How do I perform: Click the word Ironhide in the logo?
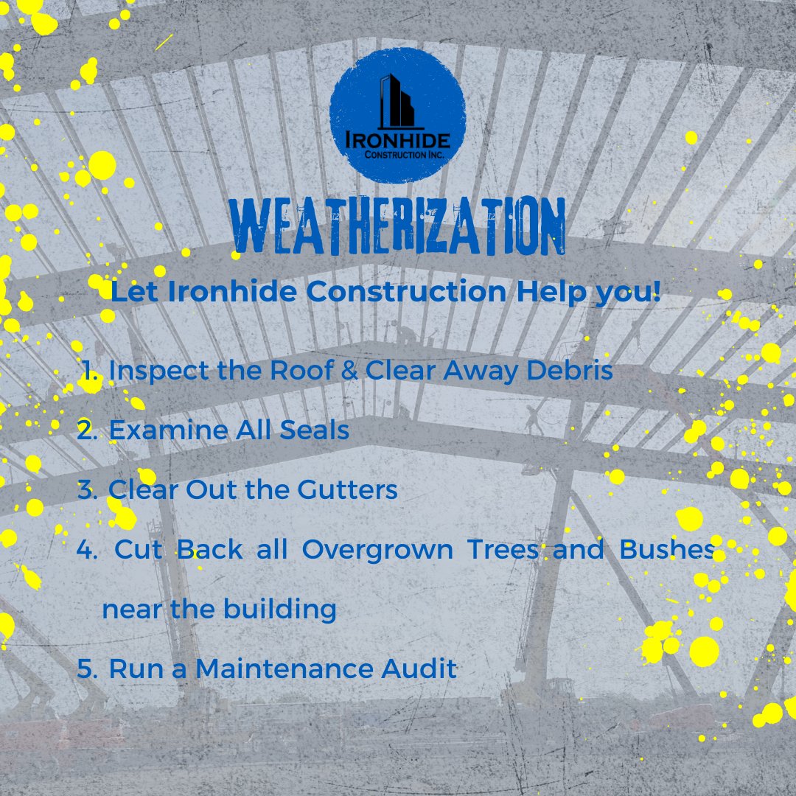pyautogui.click(x=397, y=139)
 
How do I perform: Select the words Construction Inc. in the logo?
pyautogui.click(x=402, y=156)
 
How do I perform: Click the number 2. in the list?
pyautogui.click(x=87, y=430)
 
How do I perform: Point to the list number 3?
pyautogui.click(x=87, y=490)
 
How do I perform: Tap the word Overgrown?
pyautogui.click(x=377, y=550)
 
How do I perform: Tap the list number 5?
pyautogui.click(x=87, y=669)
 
